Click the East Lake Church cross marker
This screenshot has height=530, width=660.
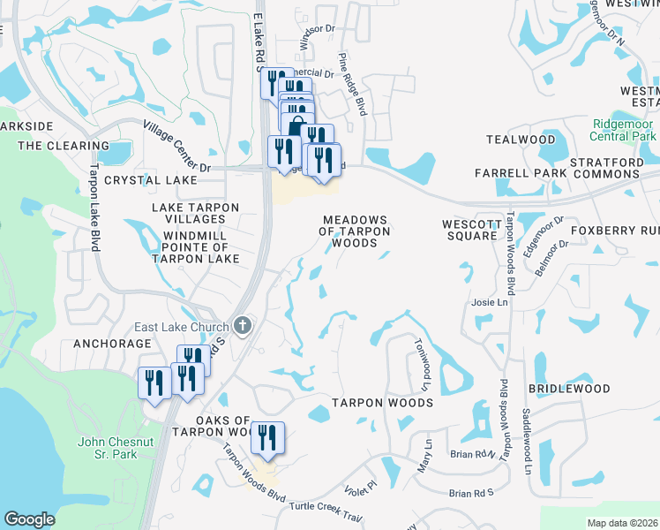click(244, 326)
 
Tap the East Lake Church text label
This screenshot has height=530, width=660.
click(182, 327)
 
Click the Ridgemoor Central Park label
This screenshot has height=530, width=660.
click(624, 130)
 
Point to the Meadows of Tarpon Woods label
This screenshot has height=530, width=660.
click(355, 231)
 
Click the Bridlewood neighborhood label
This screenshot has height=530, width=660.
click(569, 389)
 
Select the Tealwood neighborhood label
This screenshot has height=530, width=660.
click(521, 140)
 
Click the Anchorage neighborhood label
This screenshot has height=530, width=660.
click(107, 343)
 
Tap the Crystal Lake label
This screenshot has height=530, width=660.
click(151, 180)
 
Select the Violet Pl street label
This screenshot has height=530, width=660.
click(360, 485)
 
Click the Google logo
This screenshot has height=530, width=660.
click(29, 519)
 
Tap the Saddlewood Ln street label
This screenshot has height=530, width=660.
click(526, 431)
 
